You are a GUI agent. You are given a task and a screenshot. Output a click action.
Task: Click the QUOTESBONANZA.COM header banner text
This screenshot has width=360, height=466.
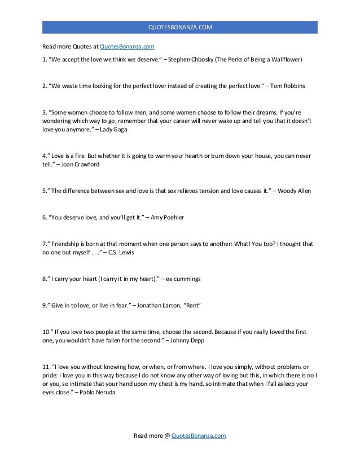click(x=180, y=27)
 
